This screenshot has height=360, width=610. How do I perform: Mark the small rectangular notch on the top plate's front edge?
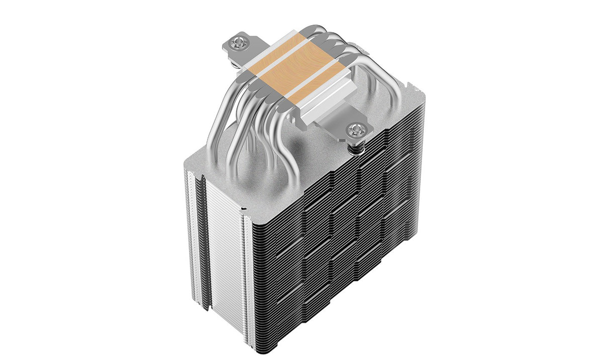tap(244, 206)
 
